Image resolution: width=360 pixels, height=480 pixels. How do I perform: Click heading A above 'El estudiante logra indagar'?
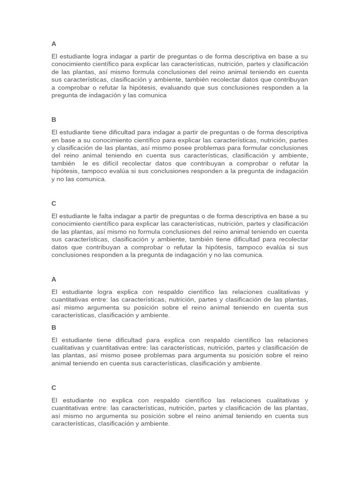click(54, 44)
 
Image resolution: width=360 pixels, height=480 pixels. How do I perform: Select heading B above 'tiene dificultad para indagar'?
click(54, 120)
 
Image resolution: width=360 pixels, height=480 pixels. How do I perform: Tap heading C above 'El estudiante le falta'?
click(54, 203)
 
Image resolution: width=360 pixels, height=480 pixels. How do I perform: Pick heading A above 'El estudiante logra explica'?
click(54, 279)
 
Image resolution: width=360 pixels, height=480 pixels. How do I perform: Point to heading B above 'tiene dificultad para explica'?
click(54, 327)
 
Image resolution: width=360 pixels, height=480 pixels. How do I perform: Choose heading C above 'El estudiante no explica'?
click(54, 388)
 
